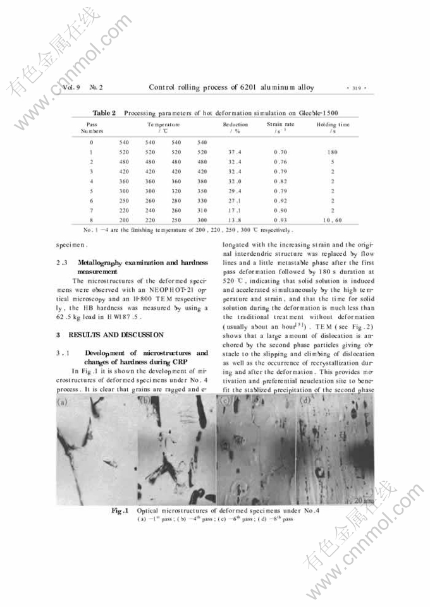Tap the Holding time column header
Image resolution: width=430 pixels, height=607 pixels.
pyautogui.click(x=333, y=128)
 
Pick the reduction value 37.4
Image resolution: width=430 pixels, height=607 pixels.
pyautogui.click(x=231, y=152)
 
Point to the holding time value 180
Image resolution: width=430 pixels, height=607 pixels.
pyautogui.click(x=332, y=152)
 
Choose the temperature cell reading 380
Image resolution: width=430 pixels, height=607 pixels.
pyautogui.click(x=202, y=180)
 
